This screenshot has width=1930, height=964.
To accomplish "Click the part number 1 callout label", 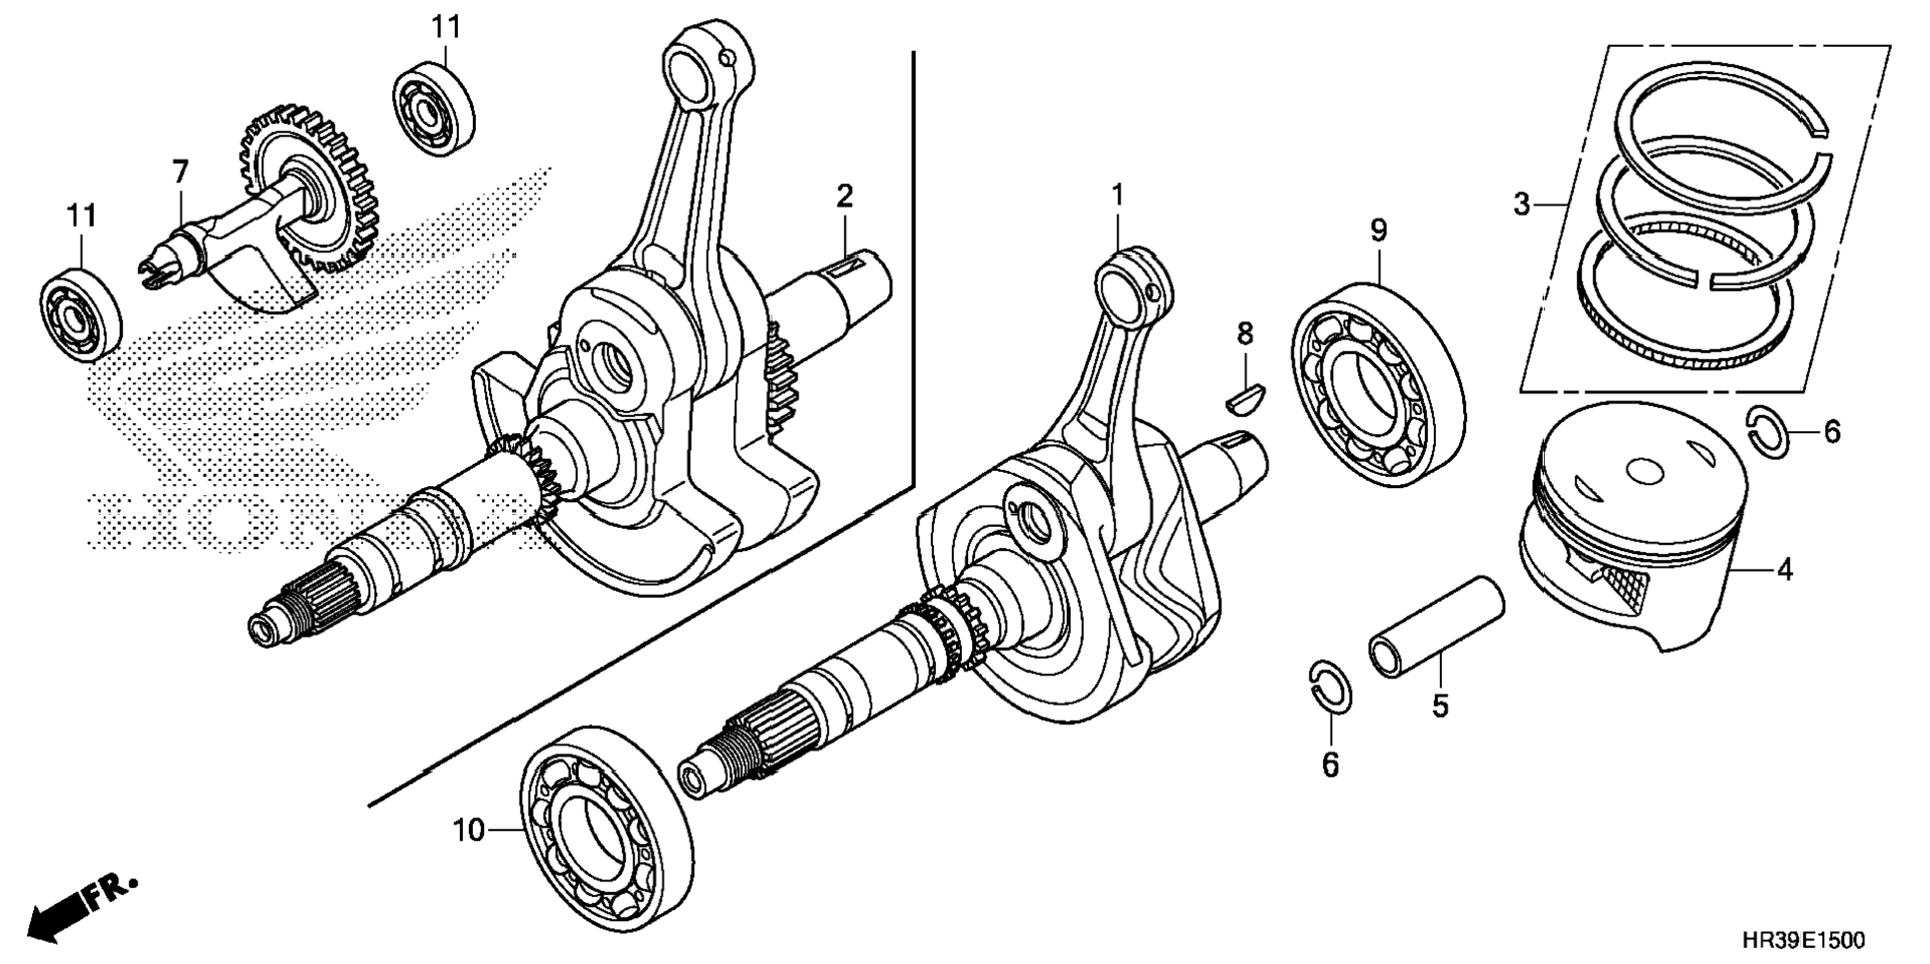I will pyautogui.click(x=1118, y=195).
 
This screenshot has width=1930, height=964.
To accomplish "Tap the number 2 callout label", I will pyautogui.click(x=844, y=197).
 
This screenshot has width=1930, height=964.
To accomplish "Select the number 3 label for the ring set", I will pyautogui.click(x=1521, y=205).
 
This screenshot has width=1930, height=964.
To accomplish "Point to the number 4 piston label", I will pyautogui.click(x=1784, y=570).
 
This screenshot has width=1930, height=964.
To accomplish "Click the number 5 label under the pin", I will pyautogui.click(x=1439, y=706).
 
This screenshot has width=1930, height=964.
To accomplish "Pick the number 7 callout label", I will pyautogui.click(x=180, y=173).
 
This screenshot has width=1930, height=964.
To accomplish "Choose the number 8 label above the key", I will pyautogui.click(x=1244, y=334).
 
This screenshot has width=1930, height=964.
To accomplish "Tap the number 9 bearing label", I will pyautogui.click(x=1378, y=232).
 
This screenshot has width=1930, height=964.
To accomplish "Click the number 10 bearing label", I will pyautogui.click(x=468, y=829).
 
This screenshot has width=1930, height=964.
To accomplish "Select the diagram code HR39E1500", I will pyautogui.click(x=1803, y=941).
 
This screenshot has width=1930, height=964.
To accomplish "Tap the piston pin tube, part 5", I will pyautogui.click(x=1437, y=626).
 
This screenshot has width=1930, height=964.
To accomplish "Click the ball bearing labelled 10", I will pyautogui.click(x=607, y=824).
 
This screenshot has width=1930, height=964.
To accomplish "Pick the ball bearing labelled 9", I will pyautogui.click(x=1381, y=384).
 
